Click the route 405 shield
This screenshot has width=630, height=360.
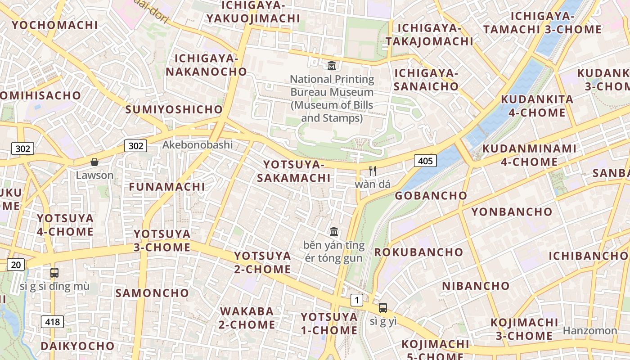point(425,161)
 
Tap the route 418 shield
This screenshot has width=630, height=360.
point(52,322)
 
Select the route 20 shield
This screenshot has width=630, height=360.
point(16,265)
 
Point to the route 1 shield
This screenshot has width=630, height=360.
point(357,300)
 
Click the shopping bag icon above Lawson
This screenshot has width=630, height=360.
point(94,162)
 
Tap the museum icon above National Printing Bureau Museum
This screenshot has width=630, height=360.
point(332,65)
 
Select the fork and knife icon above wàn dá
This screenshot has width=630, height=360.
point(372,171)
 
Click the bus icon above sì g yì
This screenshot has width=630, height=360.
point(383,308)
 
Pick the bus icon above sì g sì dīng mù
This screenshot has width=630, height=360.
point(54,272)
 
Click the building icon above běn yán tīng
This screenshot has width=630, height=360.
point(334,231)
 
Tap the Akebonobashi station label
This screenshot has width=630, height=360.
point(198,145)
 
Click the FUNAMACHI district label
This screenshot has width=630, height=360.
point(167,186)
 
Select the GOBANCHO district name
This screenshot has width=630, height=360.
point(431,195)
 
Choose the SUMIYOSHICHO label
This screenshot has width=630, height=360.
point(174,109)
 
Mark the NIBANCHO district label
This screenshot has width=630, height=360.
point(476,286)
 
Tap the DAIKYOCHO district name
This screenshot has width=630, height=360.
point(77,346)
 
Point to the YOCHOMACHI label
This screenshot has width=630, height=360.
point(54,25)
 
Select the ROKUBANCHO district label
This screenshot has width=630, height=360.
point(418,252)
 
